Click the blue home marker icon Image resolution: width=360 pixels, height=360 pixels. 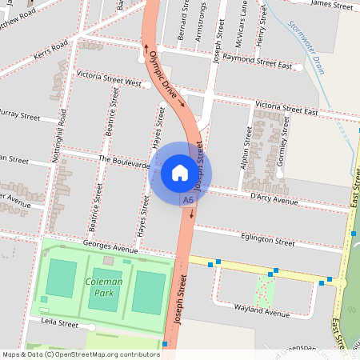point(180,172)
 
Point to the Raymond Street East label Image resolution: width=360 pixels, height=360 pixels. point(258,59)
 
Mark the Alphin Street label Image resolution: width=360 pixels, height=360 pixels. point(246,150)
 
